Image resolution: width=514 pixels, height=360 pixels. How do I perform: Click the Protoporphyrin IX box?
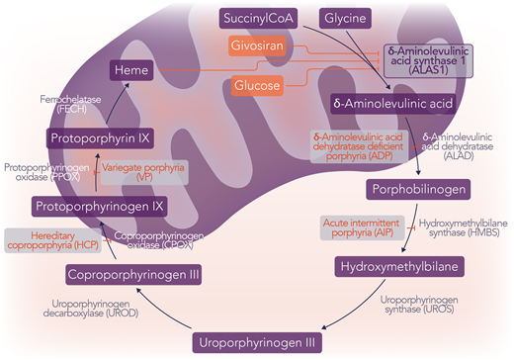coord(97,138)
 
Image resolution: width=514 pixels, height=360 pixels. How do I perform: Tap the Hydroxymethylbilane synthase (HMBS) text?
coord(461,231)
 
